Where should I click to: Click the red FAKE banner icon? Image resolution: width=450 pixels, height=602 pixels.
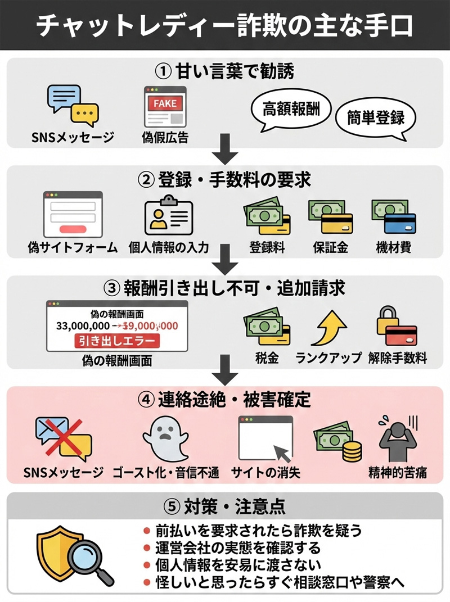(x=165, y=103)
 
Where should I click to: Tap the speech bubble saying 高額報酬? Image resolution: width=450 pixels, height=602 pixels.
(x=291, y=108)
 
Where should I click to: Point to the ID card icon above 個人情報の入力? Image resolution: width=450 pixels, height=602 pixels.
(x=169, y=215)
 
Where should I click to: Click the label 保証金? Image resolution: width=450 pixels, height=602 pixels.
(x=330, y=248)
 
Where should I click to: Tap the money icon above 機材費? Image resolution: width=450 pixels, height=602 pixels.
(x=393, y=217)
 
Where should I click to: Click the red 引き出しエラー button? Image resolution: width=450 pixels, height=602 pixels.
(x=117, y=341)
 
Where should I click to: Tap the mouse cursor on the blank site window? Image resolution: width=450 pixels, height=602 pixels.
(x=281, y=452)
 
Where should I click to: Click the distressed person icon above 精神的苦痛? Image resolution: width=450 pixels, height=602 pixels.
(x=397, y=439)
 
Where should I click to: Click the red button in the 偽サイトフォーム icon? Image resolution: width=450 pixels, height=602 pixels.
(x=73, y=229)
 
